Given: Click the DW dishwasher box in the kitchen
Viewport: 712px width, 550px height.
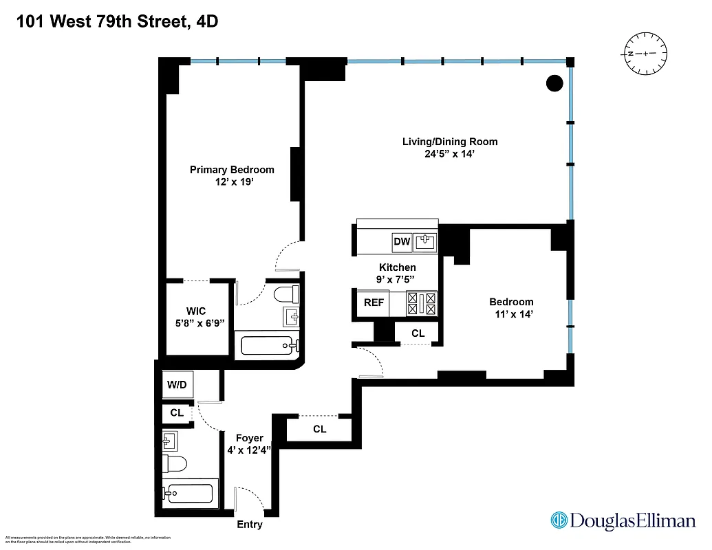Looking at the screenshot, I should coord(402,241).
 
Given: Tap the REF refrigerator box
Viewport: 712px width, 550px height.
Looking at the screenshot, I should coord(374,302).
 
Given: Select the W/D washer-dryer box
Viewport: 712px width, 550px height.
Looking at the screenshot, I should coord(177,385).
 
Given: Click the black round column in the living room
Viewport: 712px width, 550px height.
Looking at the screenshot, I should coord(554,83).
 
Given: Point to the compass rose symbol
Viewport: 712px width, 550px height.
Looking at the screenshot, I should coord(645,53).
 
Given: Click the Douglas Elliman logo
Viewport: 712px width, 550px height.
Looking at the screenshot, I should coord(623,520).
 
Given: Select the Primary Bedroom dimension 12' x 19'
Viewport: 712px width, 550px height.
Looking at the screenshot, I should coord(232,183).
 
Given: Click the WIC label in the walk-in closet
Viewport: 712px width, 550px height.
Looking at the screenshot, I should coord(195,311).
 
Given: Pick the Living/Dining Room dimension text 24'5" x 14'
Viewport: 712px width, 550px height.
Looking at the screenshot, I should coord(450,155).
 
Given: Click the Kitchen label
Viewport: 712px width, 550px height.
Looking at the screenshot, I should coord(397,267).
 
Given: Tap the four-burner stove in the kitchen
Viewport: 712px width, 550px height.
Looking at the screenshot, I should coord(422,303).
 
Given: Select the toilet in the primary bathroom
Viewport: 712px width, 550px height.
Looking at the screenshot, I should coord(285,295).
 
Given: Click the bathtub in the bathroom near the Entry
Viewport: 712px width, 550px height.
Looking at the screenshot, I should coord(191,492).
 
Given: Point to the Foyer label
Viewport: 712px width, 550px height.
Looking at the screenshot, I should coord(249,437).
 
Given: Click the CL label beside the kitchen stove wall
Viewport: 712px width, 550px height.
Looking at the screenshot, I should coord(418,333).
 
